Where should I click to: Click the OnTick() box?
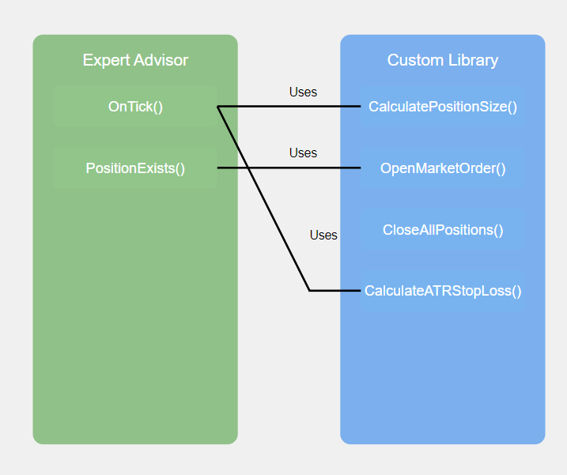135,107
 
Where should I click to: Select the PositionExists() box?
135,168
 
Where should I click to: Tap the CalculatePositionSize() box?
443,107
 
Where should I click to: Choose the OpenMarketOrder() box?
443,168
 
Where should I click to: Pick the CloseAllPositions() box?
443,230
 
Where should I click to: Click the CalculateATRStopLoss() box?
443,291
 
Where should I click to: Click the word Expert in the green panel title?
105,60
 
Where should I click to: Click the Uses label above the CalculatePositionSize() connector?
303,92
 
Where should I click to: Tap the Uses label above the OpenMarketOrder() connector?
303,153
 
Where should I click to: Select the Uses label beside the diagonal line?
323,235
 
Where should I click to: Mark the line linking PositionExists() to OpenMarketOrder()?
316,168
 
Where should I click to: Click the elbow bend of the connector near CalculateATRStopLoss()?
309,291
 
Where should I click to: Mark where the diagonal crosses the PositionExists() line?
248,168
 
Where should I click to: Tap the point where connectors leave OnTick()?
217,106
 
